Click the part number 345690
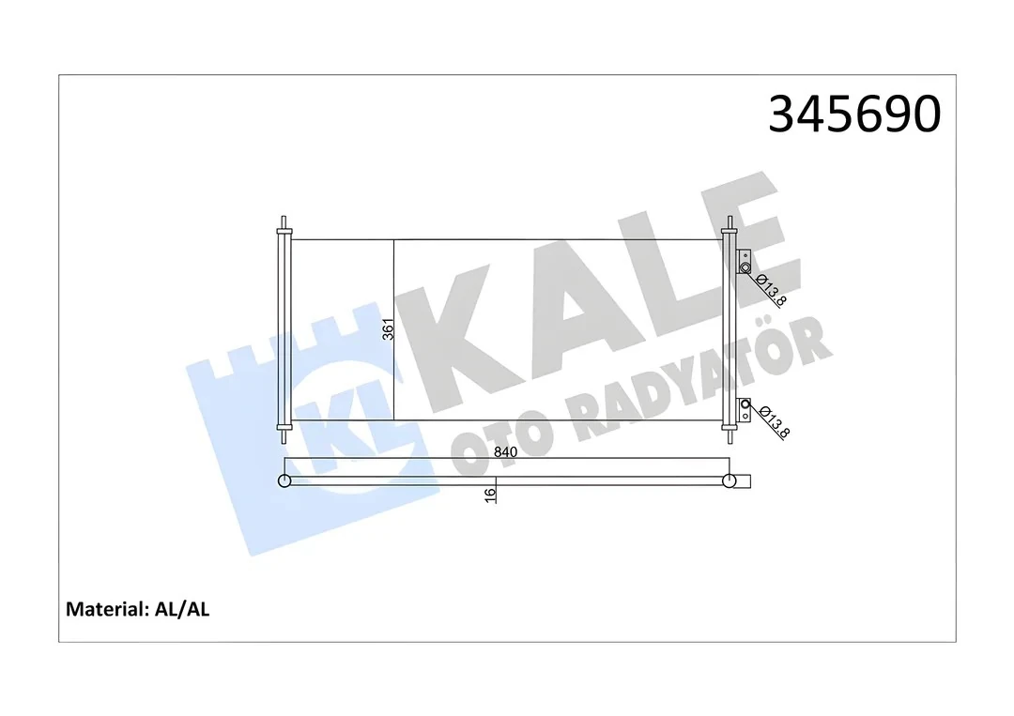tap(853, 114)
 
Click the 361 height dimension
tap(386, 330)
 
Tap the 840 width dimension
tap(505, 452)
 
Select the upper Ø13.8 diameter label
tap(771, 289)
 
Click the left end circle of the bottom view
tap(284, 481)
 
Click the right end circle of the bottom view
tap(730, 481)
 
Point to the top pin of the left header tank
tap(283, 224)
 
